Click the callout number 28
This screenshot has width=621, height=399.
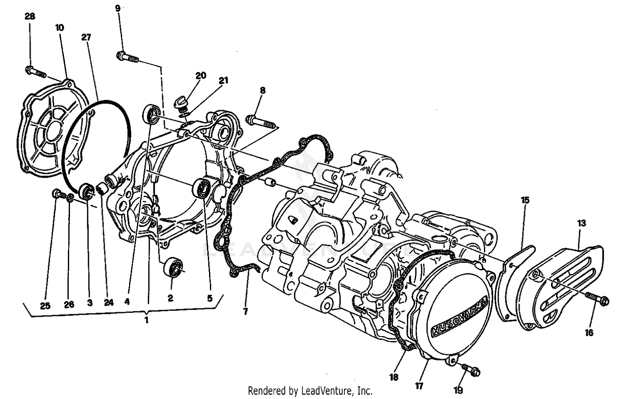[x=30, y=17]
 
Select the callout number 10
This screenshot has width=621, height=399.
[x=60, y=28]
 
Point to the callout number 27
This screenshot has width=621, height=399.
[x=86, y=37]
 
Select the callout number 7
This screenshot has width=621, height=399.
[x=246, y=312]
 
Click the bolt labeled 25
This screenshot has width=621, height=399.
[x=57, y=194]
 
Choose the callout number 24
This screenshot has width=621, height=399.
[x=108, y=303]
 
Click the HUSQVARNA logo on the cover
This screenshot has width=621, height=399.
[x=458, y=316]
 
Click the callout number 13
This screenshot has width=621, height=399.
[x=581, y=223]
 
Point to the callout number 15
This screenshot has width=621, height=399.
[x=525, y=200]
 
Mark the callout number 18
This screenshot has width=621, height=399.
[x=394, y=377]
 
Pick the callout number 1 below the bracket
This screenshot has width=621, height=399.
[x=146, y=320]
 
